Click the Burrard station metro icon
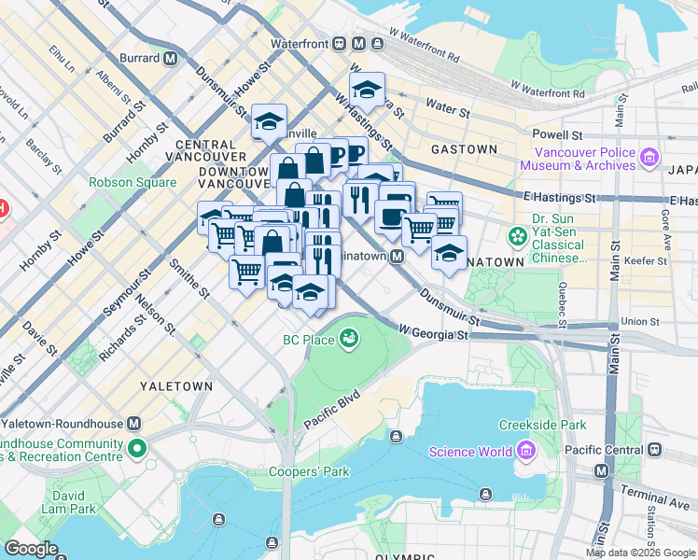(x=171, y=58)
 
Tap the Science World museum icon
(x=524, y=453)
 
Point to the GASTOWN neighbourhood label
(x=464, y=149)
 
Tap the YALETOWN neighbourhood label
(x=176, y=385)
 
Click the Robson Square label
(x=133, y=183)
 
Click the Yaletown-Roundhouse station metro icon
(x=134, y=422)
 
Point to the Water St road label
(x=446, y=109)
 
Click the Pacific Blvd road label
(x=331, y=408)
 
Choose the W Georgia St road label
(x=432, y=329)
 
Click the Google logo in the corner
(x=32, y=548)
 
